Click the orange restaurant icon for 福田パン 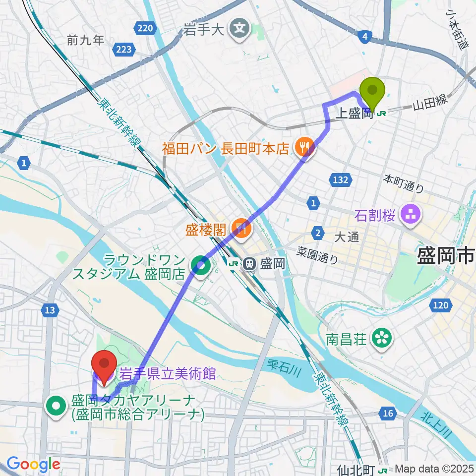pyautogui.click(x=301, y=147)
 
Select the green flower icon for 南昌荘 pyautogui.click(x=382, y=339)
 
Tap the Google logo pyautogui.click(x=33, y=464)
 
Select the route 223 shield pyautogui.click(x=125, y=49)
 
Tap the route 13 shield pyautogui.click(x=49, y=310)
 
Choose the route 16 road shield pyautogui.click(x=388, y=412)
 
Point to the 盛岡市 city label pyautogui.click(x=445, y=256)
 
